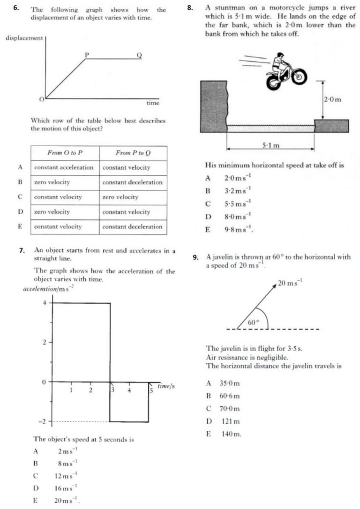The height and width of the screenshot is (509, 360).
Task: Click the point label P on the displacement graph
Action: [86, 54]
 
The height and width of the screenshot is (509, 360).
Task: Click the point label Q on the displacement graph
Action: [138, 55]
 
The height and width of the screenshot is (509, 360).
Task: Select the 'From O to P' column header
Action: [65, 153]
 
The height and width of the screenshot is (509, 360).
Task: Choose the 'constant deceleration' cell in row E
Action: [132, 226]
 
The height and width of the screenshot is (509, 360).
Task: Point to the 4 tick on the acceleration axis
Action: [45, 303]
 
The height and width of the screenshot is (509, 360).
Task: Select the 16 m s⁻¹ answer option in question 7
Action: [61, 488]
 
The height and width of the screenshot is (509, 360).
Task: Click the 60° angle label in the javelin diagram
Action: [253, 322]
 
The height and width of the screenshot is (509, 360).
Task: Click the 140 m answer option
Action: [232, 434]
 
